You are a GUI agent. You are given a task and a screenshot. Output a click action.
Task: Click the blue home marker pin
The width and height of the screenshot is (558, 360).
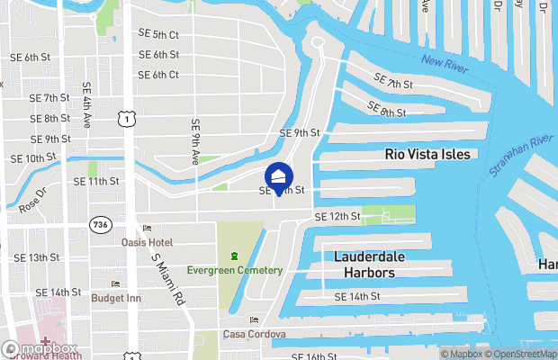280,177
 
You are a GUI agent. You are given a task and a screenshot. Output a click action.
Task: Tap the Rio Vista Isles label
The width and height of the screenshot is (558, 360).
427,154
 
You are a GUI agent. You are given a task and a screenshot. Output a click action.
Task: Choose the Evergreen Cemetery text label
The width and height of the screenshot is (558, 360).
235,271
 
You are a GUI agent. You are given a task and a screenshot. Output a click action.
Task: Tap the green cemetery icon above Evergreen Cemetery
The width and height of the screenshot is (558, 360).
235,256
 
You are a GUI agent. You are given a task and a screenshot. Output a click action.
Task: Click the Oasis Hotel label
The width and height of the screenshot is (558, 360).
147,242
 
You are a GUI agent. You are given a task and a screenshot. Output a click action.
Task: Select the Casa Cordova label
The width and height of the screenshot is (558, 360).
255,334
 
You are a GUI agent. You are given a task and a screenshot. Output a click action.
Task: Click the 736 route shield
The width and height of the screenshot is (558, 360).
99,222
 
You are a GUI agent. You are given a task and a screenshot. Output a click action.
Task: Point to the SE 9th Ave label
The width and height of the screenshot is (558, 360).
195,143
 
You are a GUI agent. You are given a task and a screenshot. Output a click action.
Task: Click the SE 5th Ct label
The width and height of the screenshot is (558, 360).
159,35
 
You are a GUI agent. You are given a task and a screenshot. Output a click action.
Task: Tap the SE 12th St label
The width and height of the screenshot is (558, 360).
337,217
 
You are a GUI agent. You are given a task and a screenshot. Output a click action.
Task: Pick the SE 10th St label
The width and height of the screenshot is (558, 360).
33,158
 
